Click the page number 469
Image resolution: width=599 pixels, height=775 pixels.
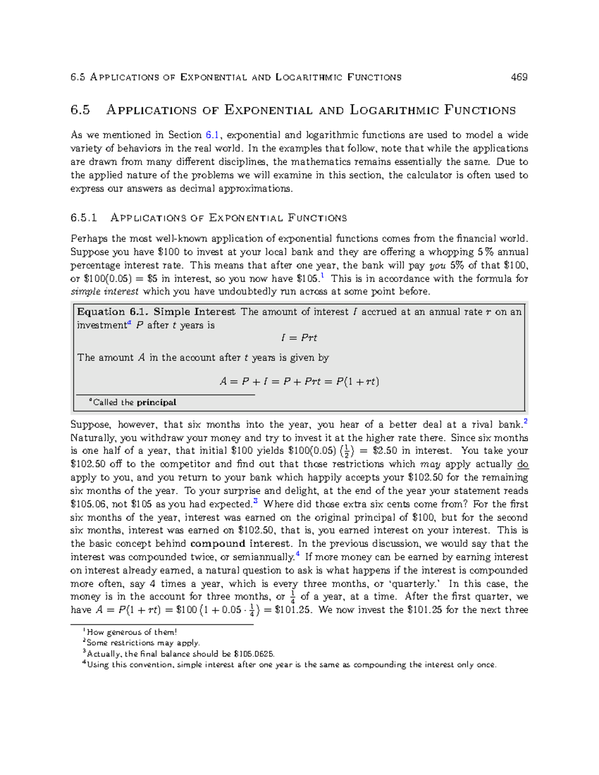point(519,77)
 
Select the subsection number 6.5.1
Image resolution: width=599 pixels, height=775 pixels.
point(83,218)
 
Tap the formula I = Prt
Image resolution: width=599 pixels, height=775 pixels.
point(299,338)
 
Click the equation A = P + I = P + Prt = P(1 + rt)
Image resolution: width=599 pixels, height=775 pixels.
point(299,382)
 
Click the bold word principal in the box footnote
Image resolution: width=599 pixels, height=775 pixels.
point(156,402)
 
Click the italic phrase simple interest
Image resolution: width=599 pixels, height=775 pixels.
point(105,291)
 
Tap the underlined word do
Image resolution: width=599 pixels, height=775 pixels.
point(523,464)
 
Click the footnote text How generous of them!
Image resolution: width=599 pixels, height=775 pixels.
point(132,632)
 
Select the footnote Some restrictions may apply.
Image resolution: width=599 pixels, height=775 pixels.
point(143,643)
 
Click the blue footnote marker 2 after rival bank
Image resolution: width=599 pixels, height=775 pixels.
point(526,422)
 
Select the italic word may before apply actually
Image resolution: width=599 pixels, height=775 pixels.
point(430,464)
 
